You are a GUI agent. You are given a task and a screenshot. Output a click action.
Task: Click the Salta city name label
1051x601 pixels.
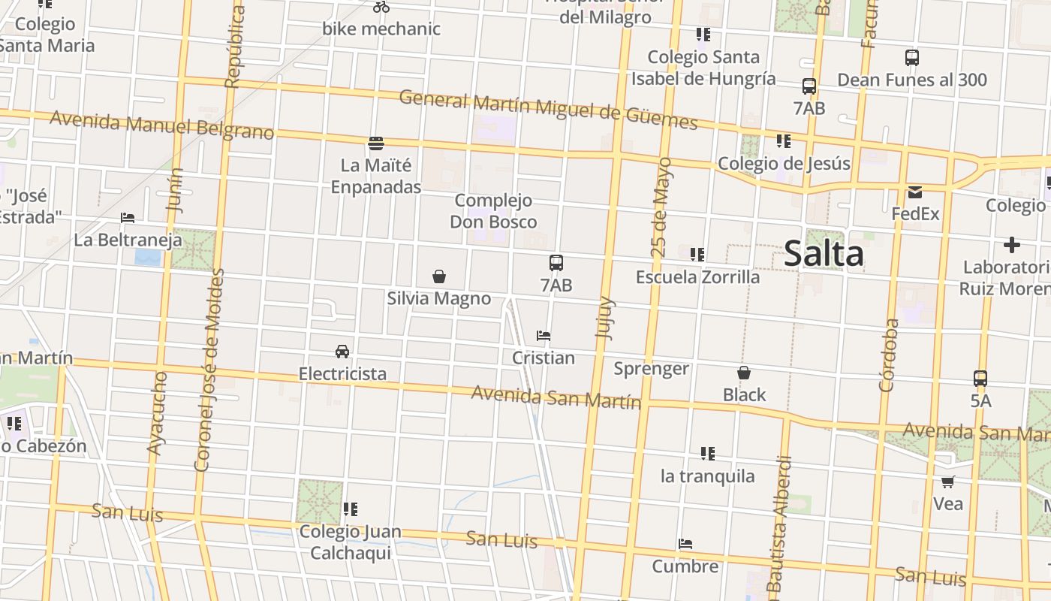(824, 254)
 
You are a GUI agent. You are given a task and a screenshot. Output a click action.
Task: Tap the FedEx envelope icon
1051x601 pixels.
(915, 192)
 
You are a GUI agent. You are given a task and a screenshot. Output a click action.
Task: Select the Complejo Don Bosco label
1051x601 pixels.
(493, 211)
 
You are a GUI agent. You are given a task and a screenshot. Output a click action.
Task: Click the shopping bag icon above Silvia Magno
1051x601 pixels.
(439, 277)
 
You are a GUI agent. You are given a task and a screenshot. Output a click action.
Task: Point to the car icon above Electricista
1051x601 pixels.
(342, 352)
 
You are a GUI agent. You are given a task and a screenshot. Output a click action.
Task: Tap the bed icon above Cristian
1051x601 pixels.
(544, 336)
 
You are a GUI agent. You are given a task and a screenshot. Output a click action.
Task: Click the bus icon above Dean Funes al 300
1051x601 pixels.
(912, 58)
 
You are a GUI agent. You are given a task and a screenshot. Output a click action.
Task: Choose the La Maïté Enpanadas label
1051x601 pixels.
(376, 176)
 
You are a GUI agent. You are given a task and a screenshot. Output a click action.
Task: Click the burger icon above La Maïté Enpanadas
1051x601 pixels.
(376, 143)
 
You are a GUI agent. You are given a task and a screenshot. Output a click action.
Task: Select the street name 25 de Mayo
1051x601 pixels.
(661, 207)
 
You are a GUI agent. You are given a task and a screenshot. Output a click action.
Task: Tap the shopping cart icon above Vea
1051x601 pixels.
(948, 482)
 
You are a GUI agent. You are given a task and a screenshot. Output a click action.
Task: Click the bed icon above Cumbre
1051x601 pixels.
(685, 544)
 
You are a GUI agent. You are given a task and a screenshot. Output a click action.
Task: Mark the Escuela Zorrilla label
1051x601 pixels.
(697, 277)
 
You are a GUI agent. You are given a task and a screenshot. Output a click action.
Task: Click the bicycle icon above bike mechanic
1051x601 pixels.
(381, 8)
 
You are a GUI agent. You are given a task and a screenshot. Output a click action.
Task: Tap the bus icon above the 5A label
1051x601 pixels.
(980, 379)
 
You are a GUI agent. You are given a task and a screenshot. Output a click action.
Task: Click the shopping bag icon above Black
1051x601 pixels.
(744, 373)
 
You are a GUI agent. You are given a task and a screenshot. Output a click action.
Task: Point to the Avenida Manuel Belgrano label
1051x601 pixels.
(161, 125)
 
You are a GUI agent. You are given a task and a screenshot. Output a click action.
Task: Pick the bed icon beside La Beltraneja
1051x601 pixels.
(128, 219)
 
